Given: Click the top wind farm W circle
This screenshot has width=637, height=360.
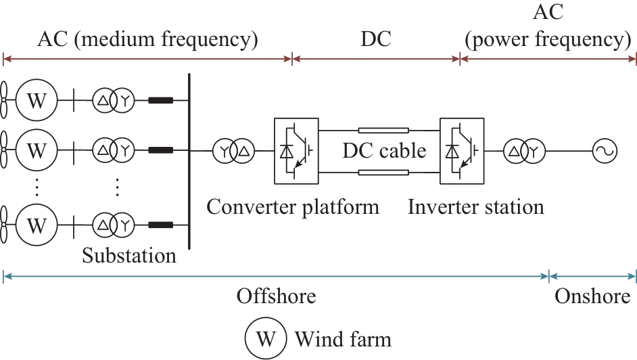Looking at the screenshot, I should (36, 102).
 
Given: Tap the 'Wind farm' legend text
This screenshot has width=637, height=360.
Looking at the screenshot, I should (343, 337).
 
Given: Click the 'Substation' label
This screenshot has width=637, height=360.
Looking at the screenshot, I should (129, 255).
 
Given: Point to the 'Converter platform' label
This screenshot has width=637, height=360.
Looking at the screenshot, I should (293, 206).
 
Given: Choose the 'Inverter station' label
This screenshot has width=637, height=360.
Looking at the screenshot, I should (476, 206).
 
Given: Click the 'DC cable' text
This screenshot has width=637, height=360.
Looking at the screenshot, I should (383, 151).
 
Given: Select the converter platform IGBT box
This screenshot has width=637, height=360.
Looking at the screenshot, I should (296, 151).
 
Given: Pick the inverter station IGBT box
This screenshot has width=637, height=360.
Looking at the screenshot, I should (462, 151).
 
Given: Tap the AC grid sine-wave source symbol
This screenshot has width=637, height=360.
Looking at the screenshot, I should (603, 151).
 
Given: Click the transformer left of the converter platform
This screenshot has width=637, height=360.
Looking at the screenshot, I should (233, 151).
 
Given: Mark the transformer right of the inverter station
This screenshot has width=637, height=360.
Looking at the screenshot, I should (523, 151).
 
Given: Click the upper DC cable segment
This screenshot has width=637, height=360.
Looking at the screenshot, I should (383, 130).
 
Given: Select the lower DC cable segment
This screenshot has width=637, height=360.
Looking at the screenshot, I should (383, 173).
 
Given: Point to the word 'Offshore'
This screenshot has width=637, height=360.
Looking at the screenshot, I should (276, 296).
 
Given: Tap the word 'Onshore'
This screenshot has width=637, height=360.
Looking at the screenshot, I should (592, 296).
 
